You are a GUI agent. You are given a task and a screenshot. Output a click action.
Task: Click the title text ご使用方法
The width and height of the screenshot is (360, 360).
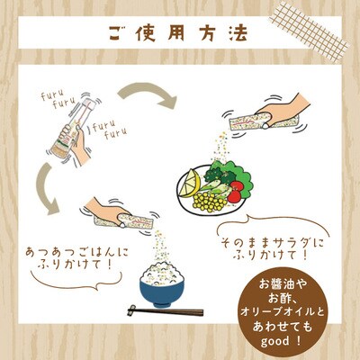178,33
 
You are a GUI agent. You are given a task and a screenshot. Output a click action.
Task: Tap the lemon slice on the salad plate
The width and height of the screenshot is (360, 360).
190,183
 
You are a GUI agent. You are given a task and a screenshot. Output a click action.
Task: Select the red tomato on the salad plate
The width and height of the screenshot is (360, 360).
236,191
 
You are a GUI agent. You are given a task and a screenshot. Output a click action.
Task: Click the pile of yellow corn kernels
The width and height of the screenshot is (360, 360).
210,202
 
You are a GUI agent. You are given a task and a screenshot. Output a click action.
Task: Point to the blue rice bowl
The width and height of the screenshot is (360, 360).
162,292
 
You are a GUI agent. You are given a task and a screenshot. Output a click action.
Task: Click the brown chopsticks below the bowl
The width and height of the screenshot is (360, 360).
166,311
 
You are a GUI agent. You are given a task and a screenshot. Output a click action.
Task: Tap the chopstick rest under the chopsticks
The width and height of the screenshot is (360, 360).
132,310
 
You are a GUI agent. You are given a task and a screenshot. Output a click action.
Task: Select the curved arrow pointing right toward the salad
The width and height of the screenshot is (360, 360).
147,94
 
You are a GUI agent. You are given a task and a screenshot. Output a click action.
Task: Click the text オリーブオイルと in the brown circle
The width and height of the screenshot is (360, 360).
283,312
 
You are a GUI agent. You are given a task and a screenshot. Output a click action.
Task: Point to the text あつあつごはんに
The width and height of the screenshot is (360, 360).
77,252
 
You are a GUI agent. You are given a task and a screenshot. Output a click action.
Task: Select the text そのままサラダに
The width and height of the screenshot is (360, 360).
273,243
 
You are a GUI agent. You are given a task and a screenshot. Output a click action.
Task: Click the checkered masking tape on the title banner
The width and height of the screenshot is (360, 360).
309,31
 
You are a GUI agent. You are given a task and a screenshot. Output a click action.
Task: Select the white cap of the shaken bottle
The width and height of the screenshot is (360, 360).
90,103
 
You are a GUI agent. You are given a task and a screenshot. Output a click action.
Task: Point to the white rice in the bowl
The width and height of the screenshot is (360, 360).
162,274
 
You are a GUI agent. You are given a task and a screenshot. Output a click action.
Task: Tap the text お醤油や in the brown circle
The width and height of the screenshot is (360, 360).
283,284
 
